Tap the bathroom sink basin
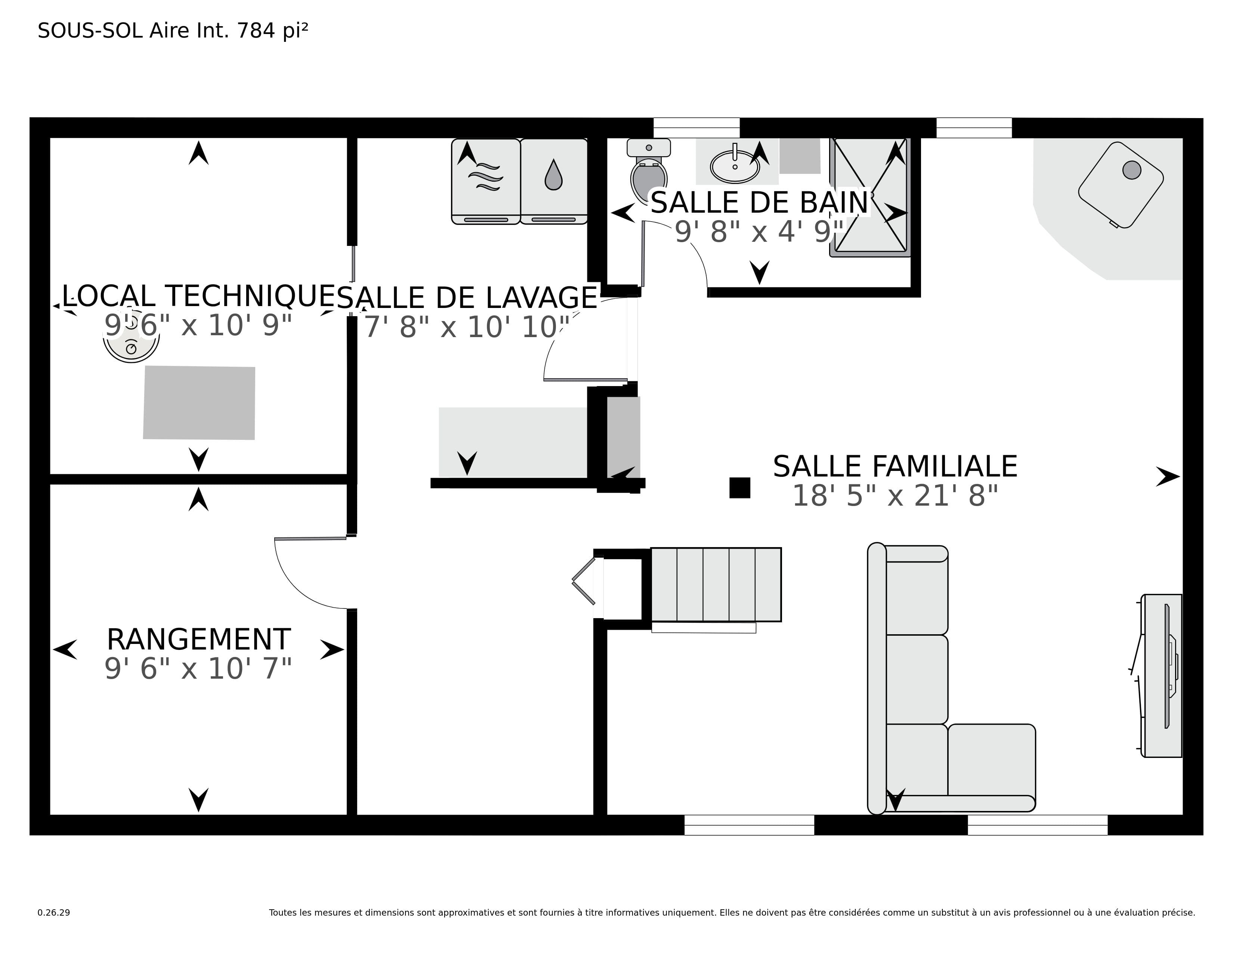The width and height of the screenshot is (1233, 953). pos(735,166)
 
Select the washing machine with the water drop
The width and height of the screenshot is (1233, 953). pos(553,181)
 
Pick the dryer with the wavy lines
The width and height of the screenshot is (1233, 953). pos(485,181)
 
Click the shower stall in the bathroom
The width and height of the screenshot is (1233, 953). pos(870,197)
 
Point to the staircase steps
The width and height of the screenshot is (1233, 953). pos(716,585)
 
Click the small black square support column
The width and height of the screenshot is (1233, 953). pos(739,488)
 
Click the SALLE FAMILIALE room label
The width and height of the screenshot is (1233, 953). pos(895,467)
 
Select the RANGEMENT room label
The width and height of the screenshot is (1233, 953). pos(199,640)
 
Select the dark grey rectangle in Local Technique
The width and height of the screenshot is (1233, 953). pos(199,403)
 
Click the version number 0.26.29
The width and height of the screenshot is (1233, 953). pos(54,912)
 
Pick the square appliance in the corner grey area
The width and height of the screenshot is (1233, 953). pos(1121,185)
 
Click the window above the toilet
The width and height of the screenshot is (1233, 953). pos(696,127)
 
